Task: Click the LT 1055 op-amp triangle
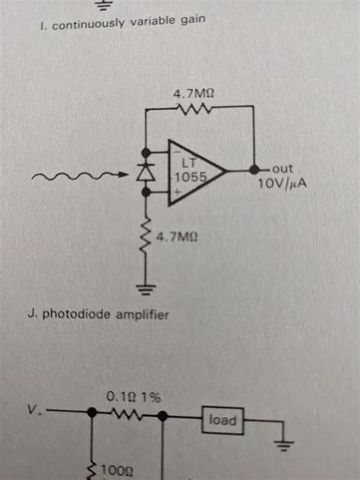(x=196, y=172)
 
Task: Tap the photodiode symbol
(x=147, y=173)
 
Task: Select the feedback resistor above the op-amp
(x=194, y=108)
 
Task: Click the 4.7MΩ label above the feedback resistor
(x=194, y=93)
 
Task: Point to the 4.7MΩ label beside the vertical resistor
(x=177, y=237)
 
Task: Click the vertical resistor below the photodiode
(x=147, y=235)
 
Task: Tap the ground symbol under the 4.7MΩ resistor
(x=146, y=289)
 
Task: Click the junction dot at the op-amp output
(x=254, y=169)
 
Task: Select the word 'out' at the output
(x=283, y=169)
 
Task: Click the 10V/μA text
(x=283, y=183)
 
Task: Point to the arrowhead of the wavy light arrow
(x=124, y=175)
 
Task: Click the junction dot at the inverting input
(x=147, y=152)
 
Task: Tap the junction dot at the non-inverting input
(x=147, y=192)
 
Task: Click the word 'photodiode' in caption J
(x=77, y=314)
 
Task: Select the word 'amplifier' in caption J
(x=142, y=314)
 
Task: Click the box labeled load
(x=223, y=421)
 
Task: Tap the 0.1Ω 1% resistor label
(x=134, y=397)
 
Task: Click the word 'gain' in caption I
(x=193, y=21)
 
